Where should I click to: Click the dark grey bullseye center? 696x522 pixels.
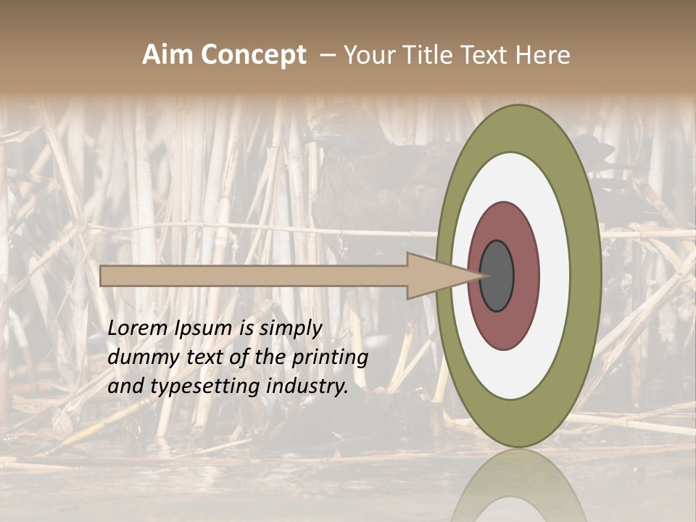497,275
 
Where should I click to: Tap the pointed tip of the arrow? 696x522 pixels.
485,275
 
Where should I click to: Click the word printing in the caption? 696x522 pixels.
331,358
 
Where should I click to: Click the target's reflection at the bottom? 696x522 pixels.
518,486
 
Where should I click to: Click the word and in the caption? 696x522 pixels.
124,387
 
